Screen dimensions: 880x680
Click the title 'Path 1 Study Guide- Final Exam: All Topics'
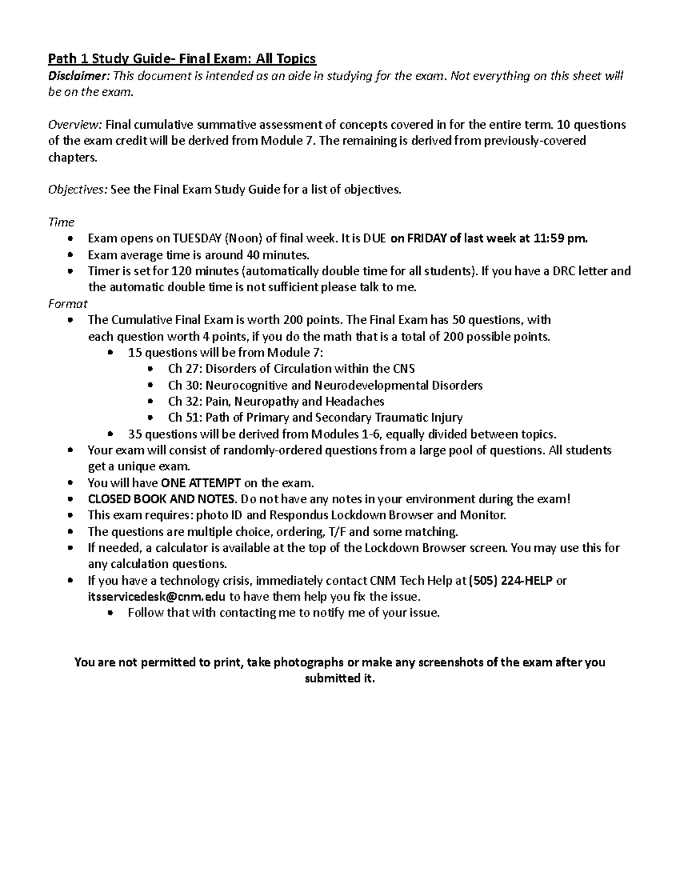pos(182,59)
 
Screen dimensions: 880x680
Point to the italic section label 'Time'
pos(61,223)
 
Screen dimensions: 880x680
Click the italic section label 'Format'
pos(68,304)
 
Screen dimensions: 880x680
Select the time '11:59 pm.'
pos(561,239)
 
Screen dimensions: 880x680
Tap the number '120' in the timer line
pos(181,271)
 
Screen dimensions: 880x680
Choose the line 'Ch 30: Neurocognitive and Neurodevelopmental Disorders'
pos(325,385)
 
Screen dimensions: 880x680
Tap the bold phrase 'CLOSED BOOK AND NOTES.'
pos(162,499)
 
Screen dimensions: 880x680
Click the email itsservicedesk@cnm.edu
pos(156,597)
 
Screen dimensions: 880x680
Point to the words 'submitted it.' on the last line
pos(340,679)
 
